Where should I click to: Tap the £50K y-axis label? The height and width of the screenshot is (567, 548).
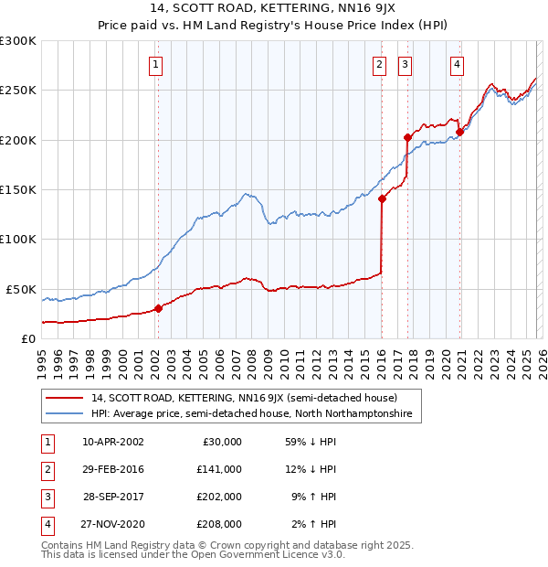20,289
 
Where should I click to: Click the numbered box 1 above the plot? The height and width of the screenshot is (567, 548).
157,65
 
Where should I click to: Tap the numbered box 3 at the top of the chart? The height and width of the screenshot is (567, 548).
405,65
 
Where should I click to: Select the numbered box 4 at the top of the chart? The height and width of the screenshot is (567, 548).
457,65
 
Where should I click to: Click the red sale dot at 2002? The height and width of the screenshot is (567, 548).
158,308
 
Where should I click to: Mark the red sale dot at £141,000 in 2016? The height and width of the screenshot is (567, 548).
382,198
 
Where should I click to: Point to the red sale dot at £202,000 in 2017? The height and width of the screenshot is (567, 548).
407,138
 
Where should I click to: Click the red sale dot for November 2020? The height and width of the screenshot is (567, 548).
459,132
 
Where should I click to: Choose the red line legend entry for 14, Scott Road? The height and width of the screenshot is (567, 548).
244,398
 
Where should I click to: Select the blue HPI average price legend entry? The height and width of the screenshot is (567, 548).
251,414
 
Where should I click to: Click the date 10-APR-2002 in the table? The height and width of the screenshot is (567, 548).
112,441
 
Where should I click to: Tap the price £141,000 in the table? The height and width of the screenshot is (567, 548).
219,469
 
